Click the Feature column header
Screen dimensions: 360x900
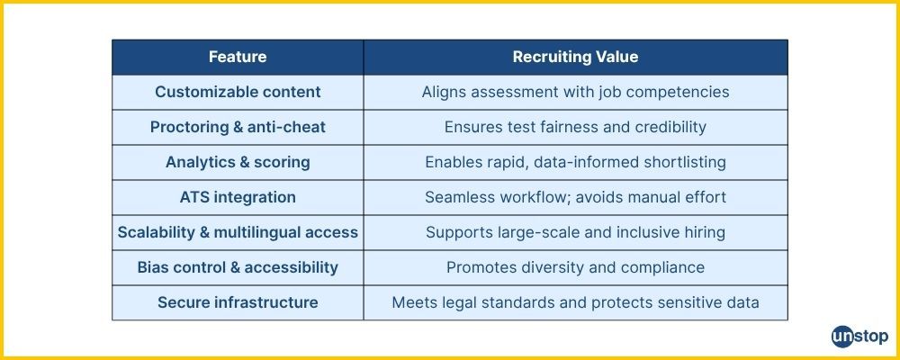[238, 57]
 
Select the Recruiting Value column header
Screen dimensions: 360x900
[575, 57]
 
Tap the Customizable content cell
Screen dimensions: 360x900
[238, 92]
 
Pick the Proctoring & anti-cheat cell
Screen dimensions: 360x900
[238, 127]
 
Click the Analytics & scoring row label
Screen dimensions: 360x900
[238, 162]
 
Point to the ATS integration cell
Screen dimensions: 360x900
[238, 197]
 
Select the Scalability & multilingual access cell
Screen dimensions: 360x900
[238, 232]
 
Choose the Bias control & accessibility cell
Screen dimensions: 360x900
[238, 267]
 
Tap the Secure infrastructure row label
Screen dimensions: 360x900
[238, 302]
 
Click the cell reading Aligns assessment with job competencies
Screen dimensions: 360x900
[575, 92]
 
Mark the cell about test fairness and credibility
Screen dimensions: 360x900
[575, 127]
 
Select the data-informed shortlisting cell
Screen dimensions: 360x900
[575, 162]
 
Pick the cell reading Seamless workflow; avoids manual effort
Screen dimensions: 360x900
[575, 197]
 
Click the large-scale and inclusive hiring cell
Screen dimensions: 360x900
[575, 232]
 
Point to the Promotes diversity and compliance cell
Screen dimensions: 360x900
[575, 267]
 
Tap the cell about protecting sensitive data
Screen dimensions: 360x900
[575, 302]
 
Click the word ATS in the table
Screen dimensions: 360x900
[195, 197]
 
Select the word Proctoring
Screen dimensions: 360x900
[184, 127]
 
